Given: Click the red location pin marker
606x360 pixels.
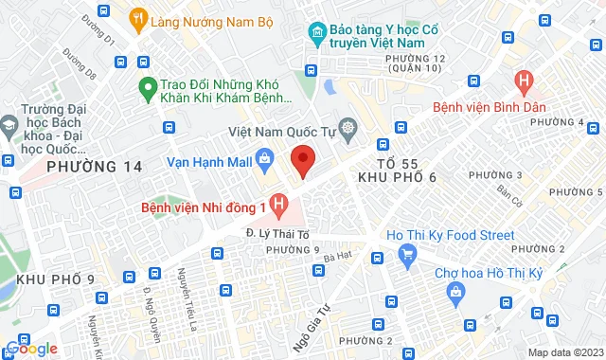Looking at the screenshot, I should (302, 160).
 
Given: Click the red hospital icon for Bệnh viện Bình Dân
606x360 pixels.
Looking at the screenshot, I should (520, 81).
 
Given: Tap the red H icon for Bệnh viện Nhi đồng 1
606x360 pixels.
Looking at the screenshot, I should (278, 203).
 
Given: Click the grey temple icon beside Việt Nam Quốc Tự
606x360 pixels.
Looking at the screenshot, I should (348, 127).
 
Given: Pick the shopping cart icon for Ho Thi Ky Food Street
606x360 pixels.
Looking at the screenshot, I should (408, 253).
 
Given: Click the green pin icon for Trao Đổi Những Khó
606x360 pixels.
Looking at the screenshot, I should (146, 90).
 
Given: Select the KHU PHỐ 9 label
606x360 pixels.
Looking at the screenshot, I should (55, 279).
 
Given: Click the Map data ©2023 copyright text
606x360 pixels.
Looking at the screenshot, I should (563, 352).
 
